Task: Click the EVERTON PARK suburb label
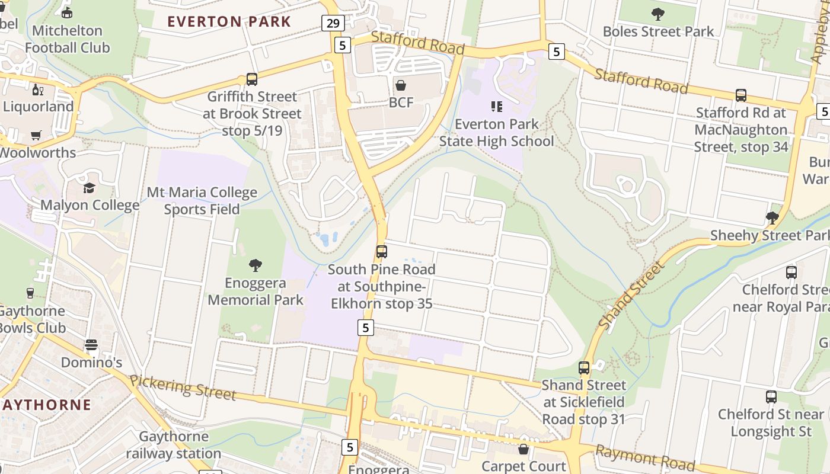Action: pyautogui.click(x=229, y=22)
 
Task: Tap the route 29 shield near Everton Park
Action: pyautogui.click(x=333, y=23)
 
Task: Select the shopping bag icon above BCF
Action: pyautogui.click(x=401, y=86)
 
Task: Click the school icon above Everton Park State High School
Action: pyautogui.click(x=497, y=107)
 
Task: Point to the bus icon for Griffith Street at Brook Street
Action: pyautogui.click(x=252, y=79)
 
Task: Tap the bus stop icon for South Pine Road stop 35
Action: pyautogui.click(x=382, y=252)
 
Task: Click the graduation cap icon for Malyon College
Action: pyautogui.click(x=90, y=188)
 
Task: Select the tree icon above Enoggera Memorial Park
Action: pyautogui.click(x=256, y=265)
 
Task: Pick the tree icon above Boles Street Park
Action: pyautogui.click(x=658, y=14)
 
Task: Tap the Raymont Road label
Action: pyautogui.click(x=645, y=457)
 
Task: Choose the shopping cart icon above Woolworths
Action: pyautogui.click(x=36, y=136)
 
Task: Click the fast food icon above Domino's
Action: pyautogui.click(x=91, y=345)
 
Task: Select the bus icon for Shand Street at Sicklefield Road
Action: pyautogui.click(x=584, y=368)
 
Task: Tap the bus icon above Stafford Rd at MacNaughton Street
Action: pyautogui.click(x=741, y=95)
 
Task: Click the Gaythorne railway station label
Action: pyautogui.click(x=173, y=445)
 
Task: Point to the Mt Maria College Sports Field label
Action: pyautogui.click(x=202, y=201)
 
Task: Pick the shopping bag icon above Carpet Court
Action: pyautogui.click(x=523, y=450)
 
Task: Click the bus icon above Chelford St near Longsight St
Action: pyautogui.click(x=771, y=397)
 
